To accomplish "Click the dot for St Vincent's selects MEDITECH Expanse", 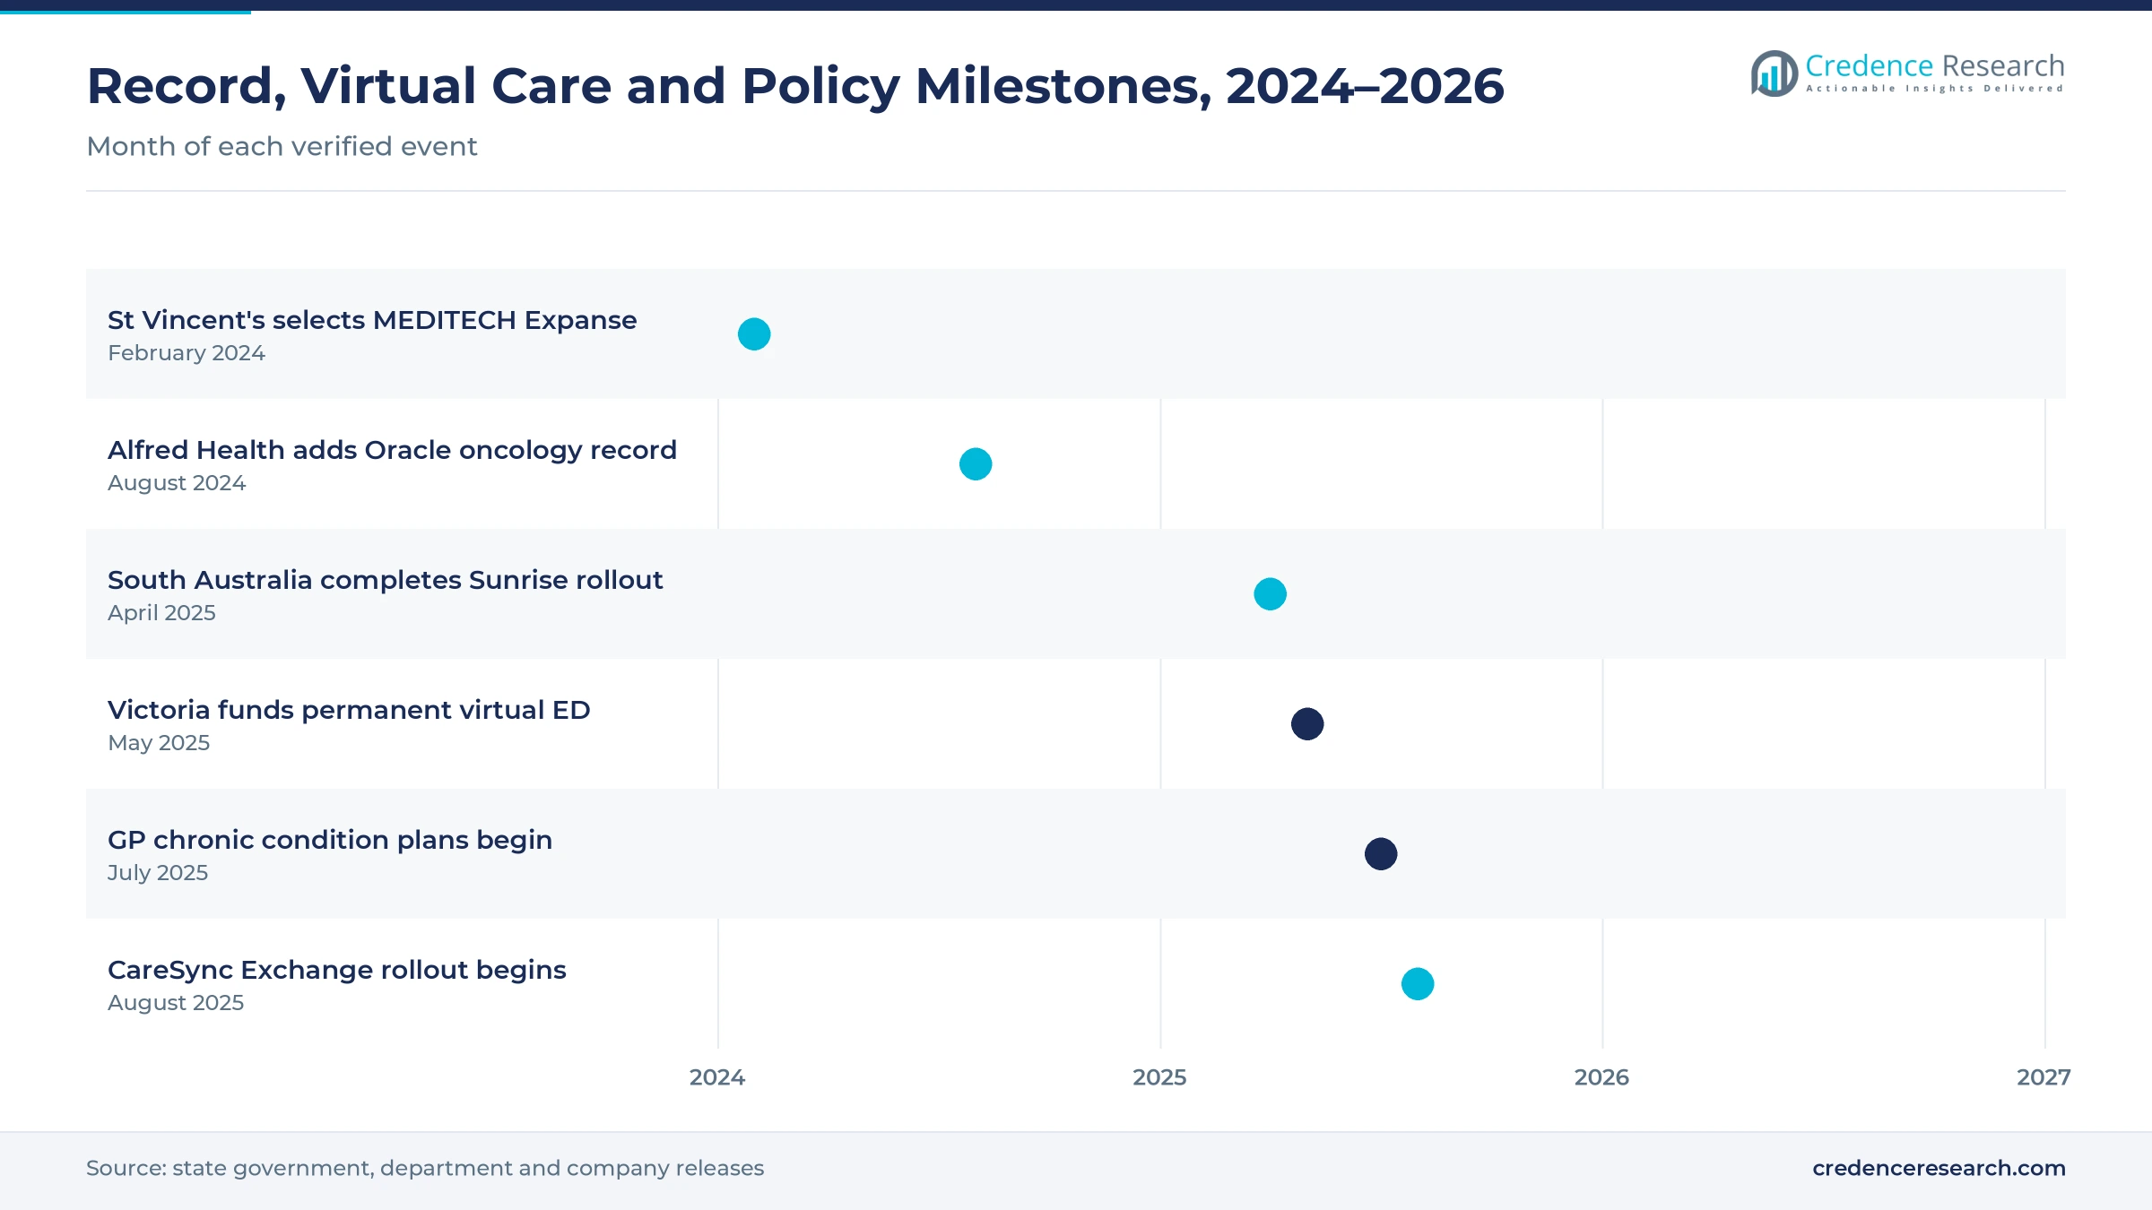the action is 754,334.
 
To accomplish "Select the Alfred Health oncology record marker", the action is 976,464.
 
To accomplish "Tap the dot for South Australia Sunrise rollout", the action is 1270,594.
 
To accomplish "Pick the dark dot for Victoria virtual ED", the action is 1307,724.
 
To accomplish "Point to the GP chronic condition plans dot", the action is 1381,854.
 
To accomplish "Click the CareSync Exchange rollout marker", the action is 1418,984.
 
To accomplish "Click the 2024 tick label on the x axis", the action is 717,1077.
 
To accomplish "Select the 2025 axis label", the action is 1159,1077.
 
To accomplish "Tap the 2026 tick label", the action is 1601,1077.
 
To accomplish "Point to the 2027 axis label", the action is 2044,1077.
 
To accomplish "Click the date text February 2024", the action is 187,353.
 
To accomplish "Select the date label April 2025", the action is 161,613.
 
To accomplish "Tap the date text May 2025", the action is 159,743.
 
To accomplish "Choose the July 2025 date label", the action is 158,873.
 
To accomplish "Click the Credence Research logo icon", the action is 1774,73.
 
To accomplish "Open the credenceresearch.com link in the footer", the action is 1939,1168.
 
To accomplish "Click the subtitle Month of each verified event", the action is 282,146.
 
